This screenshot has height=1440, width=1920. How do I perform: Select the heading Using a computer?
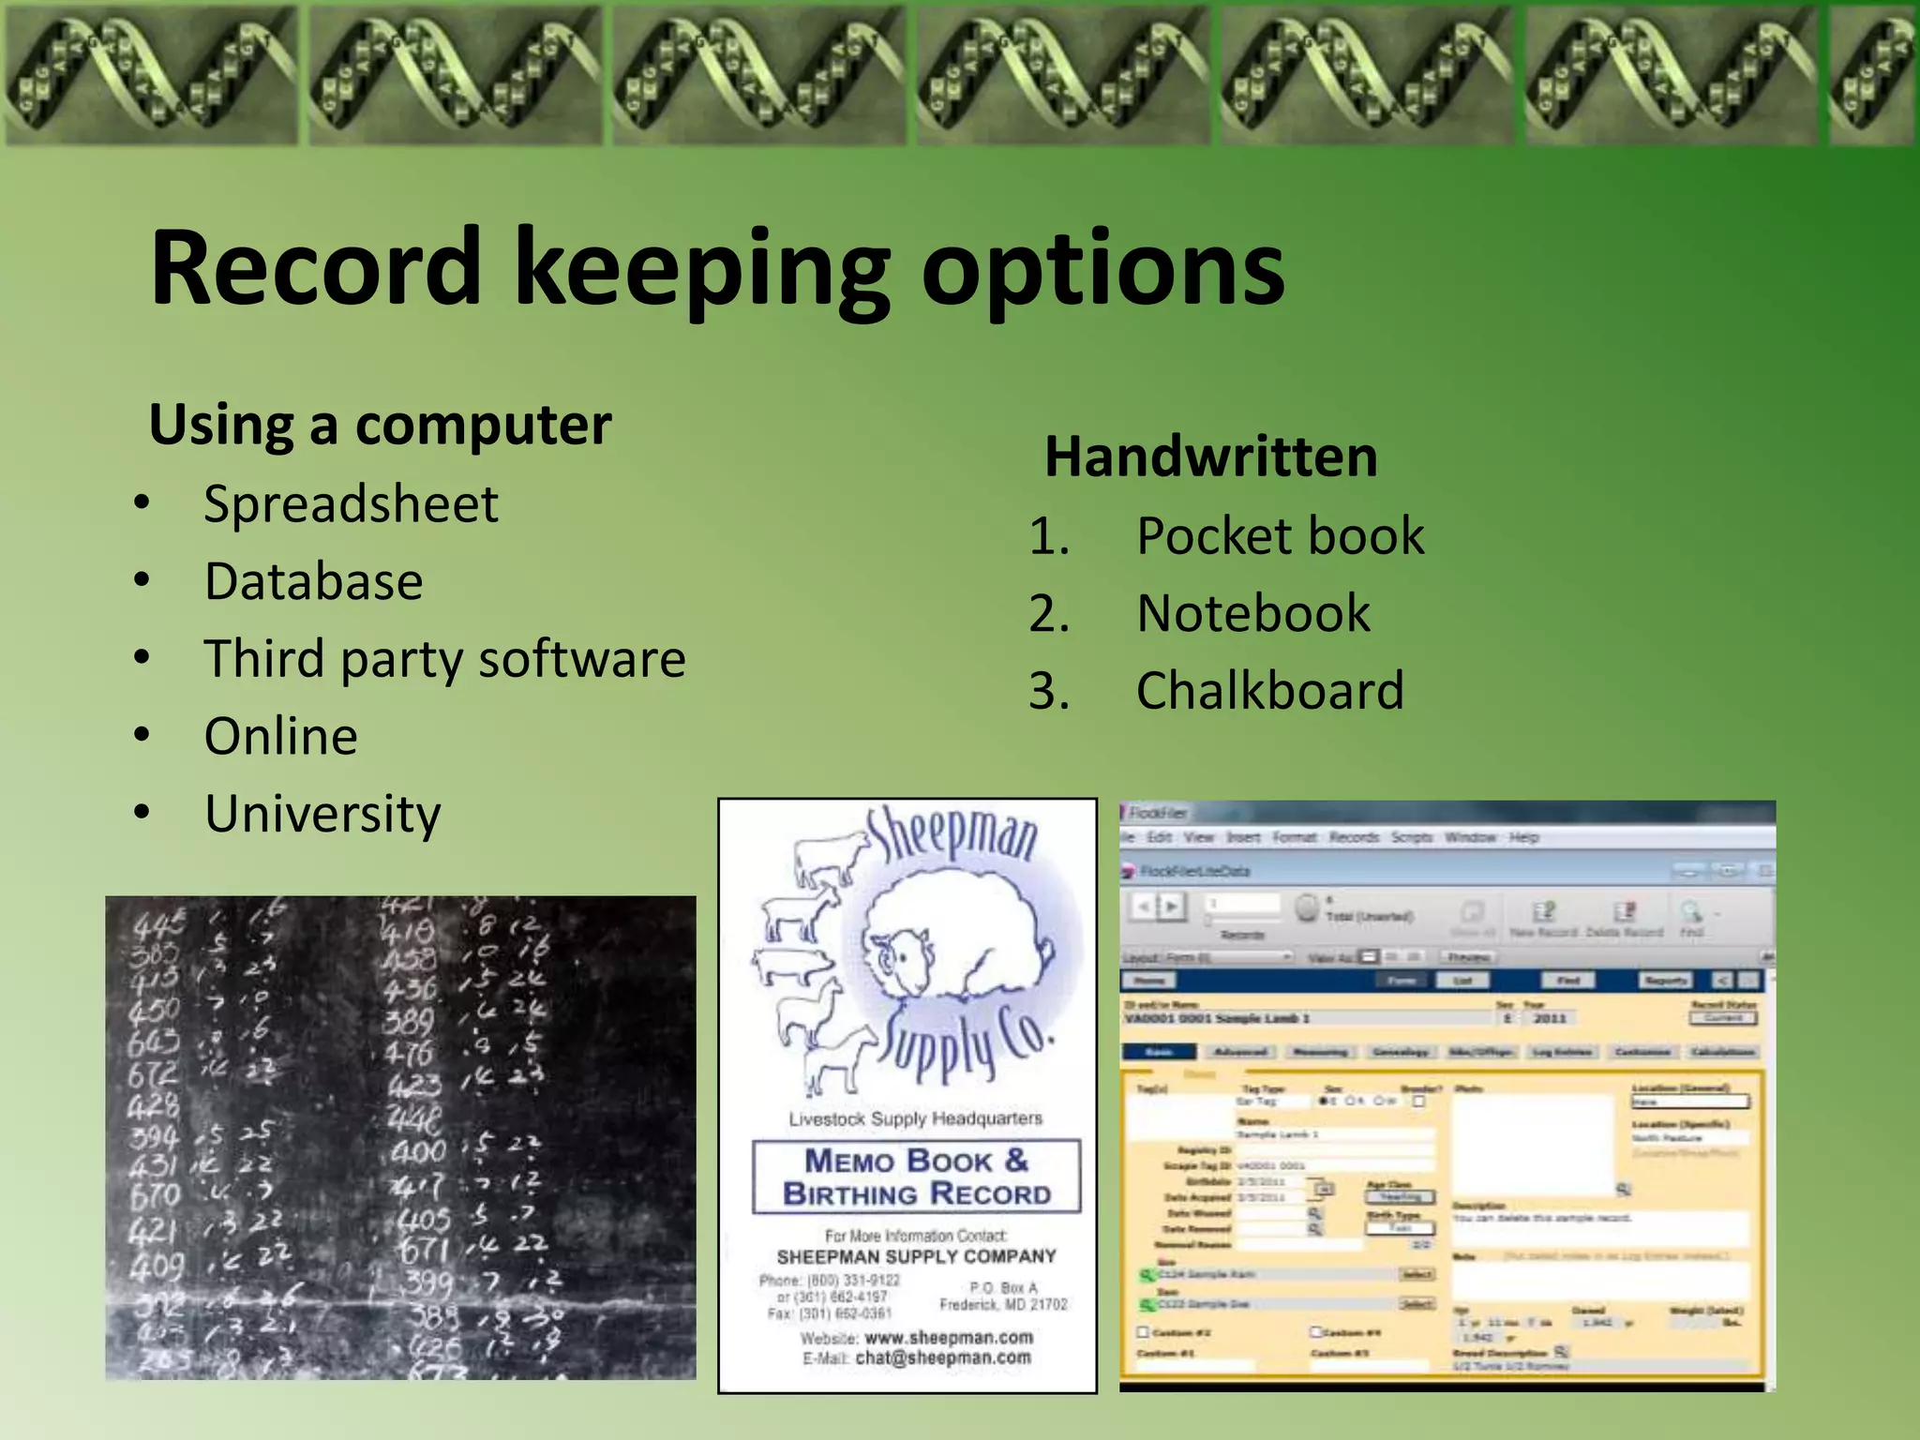[380, 425]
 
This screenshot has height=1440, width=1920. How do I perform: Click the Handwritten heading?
[1210, 457]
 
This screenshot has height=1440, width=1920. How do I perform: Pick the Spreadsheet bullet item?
[351, 504]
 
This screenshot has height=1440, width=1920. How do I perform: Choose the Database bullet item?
[313, 581]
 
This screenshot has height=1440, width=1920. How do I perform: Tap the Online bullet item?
[280, 736]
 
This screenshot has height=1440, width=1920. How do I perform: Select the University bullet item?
[322, 814]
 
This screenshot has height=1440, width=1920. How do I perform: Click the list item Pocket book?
[1280, 536]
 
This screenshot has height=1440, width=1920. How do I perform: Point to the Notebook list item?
[1252, 613]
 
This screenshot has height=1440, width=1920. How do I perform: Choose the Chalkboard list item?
[1269, 691]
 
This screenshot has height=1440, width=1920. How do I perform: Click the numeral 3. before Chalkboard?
[1049, 692]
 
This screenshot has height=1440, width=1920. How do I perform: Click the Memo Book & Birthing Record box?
[916, 1177]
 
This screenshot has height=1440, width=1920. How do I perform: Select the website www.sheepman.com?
[948, 1337]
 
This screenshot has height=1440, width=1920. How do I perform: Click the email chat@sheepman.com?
[942, 1357]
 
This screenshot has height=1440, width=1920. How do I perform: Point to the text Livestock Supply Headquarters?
[915, 1118]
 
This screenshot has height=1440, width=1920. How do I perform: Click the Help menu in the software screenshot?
[1523, 837]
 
